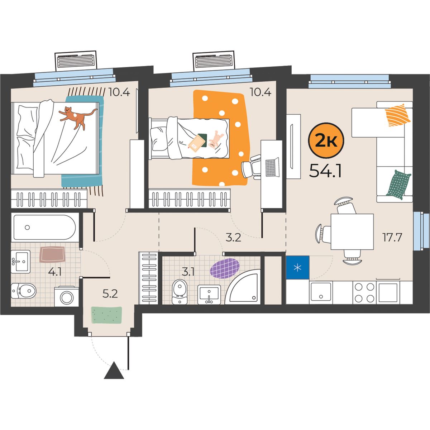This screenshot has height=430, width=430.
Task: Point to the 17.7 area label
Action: click(x=392, y=238)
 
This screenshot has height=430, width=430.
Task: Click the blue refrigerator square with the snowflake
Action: click(x=298, y=268)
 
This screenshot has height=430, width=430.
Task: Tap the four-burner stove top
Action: click(x=364, y=292)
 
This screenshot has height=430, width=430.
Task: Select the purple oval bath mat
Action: click(x=225, y=268)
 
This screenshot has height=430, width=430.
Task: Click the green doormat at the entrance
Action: click(x=107, y=315)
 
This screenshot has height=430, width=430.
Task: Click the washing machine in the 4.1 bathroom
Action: click(x=67, y=296)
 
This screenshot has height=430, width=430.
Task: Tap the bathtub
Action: click(x=45, y=227)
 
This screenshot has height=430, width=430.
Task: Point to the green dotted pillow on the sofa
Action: click(x=398, y=185)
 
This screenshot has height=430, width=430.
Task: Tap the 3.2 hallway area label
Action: click(x=233, y=238)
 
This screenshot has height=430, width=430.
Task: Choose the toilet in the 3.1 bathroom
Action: click(x=180, y=292)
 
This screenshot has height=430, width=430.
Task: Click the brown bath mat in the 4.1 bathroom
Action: click(x=52, y=254)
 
